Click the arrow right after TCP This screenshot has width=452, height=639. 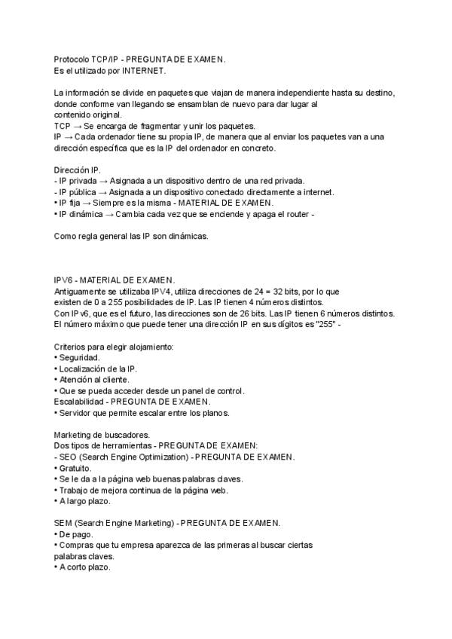tap(78, 125)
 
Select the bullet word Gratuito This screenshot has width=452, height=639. tap(76, 468)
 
